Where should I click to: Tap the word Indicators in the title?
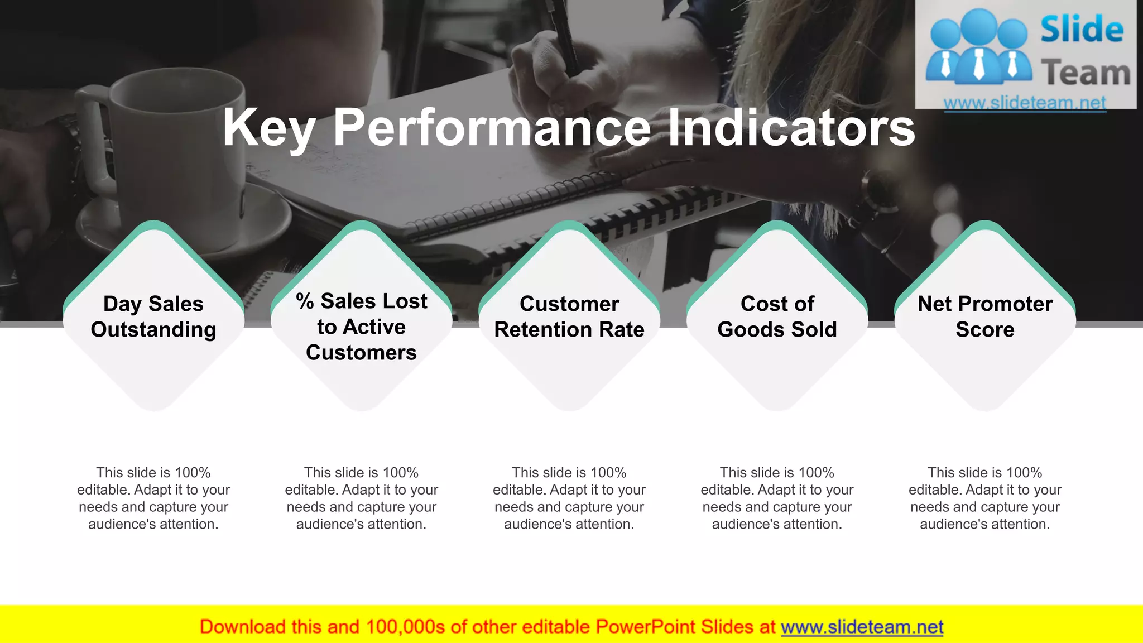click(x=791, y=128)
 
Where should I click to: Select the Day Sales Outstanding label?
click(x=153, y=316)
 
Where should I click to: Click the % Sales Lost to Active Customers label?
click(x=362, y=327)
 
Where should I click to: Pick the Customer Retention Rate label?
click(x=569, y=316)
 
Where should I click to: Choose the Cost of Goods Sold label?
click(x=777, y=316)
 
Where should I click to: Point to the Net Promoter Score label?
click(x=985, y=316)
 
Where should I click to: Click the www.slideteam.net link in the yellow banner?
click(x=862, y=627)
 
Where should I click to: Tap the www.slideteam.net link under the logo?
click(x=1025, y=103)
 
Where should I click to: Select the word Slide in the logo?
click(x=1082, y=29)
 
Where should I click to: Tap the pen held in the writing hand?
click(x=564, y=33)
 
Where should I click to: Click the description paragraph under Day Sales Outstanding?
click(x=153, y=498)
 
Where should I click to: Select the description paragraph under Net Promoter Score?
click(x=985, y=498)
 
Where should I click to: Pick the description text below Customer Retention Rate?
click(x=569, y=498)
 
